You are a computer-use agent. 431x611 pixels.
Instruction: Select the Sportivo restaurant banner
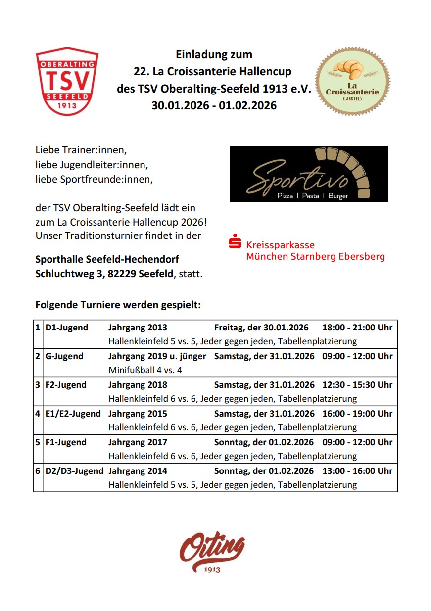click(x=308, y=174)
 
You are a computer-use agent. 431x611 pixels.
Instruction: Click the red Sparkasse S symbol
click(x=235, y=243)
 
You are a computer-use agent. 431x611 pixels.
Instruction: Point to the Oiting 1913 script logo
click(x=212, y=551)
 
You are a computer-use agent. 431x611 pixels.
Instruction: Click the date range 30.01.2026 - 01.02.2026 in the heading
click(x=214, y=105)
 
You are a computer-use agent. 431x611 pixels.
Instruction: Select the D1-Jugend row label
click(x=67, y=328)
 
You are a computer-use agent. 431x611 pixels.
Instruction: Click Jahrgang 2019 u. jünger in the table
click(x=157, y=356)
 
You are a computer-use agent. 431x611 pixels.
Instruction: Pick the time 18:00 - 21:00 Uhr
click(x=357, y=328)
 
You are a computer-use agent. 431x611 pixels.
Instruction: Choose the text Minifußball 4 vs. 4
click(x=145, y=370)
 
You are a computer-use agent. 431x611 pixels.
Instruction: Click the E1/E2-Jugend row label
click(x=73, y=414)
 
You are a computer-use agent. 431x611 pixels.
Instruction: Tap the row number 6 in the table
click(x=38, y=471)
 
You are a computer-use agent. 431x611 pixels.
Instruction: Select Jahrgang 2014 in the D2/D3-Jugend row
click(x=138, y=471)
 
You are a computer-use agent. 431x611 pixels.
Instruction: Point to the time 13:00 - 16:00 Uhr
click(x=357, y=471)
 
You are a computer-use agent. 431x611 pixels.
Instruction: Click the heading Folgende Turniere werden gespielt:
click(x=118, y=305)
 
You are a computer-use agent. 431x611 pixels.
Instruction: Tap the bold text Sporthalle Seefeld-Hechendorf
click(x=107, y=259)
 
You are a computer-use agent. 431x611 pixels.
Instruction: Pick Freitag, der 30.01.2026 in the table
click(x=261, y=328)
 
